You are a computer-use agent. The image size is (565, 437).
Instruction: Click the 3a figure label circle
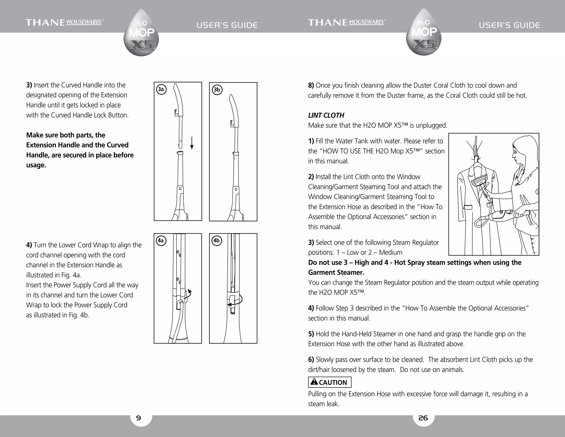point(161,89)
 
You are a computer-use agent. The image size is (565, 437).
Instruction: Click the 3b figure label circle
point(217,90)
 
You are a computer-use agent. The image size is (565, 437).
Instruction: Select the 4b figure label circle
point(217,241)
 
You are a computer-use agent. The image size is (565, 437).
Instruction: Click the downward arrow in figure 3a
point(192,143)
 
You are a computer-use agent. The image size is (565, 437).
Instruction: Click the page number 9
point(138,418)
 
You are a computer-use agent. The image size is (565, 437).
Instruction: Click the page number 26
point(423,418)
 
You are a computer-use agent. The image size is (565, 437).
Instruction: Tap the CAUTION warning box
point(330,382)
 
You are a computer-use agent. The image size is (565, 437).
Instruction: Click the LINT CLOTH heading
point(326,115)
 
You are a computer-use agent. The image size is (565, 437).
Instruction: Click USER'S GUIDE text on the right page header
point(510,25)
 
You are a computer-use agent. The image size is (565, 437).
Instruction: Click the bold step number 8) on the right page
point(311,85)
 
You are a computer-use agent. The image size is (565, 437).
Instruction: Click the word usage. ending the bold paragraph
point(36,165)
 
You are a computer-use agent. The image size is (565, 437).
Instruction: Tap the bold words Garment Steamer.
point(336,273)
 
